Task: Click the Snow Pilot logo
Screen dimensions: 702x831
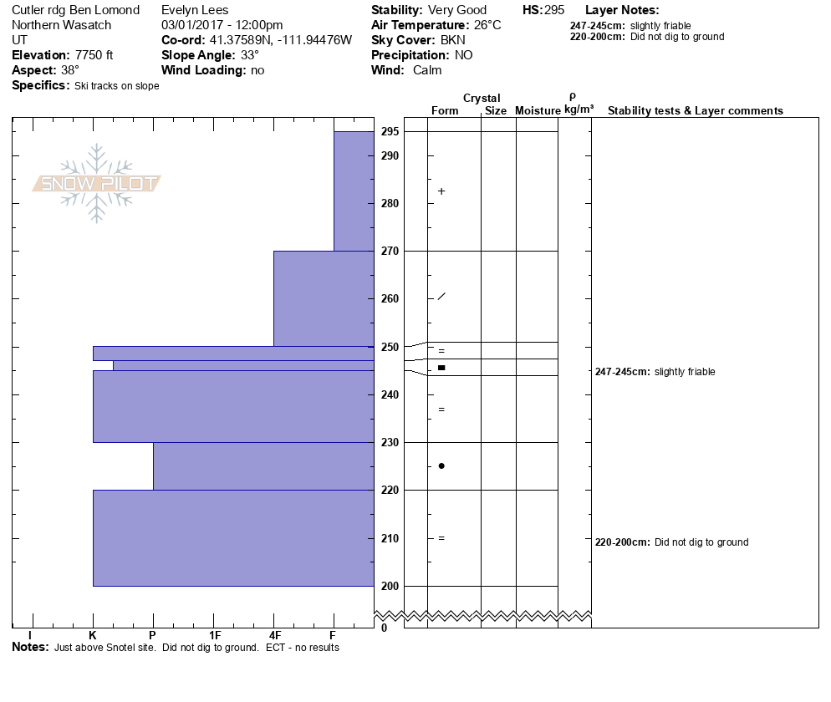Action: pyautogui.click(x=96, y=183)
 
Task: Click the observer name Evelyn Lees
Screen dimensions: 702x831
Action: pyautogui.click(x=195, y=10)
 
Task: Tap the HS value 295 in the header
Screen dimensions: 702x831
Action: pyautogui.click(x=554, y=10)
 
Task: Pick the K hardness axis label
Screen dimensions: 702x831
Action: pyautogui.click(x=93, y=635)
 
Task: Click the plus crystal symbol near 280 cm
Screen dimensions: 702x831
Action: pyautogui.click(x=441, y=191)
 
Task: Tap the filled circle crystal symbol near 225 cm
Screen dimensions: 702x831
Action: pyautogui.click(x=441, y=465)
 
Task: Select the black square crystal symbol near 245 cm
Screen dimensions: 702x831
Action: pyautogui.click(x=441, y=368)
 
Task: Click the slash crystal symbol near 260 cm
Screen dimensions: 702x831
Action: pyautogui.click(x=441, y=297)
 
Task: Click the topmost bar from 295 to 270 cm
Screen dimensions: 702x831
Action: pyautogui.click(x=354, y=191)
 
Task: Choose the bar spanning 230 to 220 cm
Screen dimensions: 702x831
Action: pyautogui.click(x=263, y=465)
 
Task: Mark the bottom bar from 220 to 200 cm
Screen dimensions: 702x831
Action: pyautogui.click(x=233, y=537)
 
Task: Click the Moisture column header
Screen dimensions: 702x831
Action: pyautogui.click(x=537, y=111)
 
